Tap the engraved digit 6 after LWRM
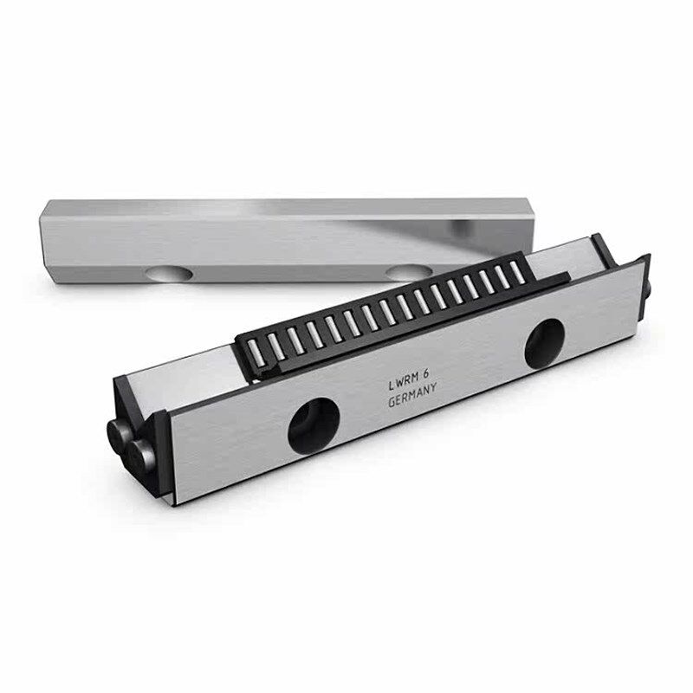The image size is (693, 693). tap(426, 374)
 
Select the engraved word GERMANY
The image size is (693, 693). tap(412, 396)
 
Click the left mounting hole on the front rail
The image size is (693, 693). tap(314, 425)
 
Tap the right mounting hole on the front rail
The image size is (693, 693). tap(545, 344)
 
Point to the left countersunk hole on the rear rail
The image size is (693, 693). tap(170, 274)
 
